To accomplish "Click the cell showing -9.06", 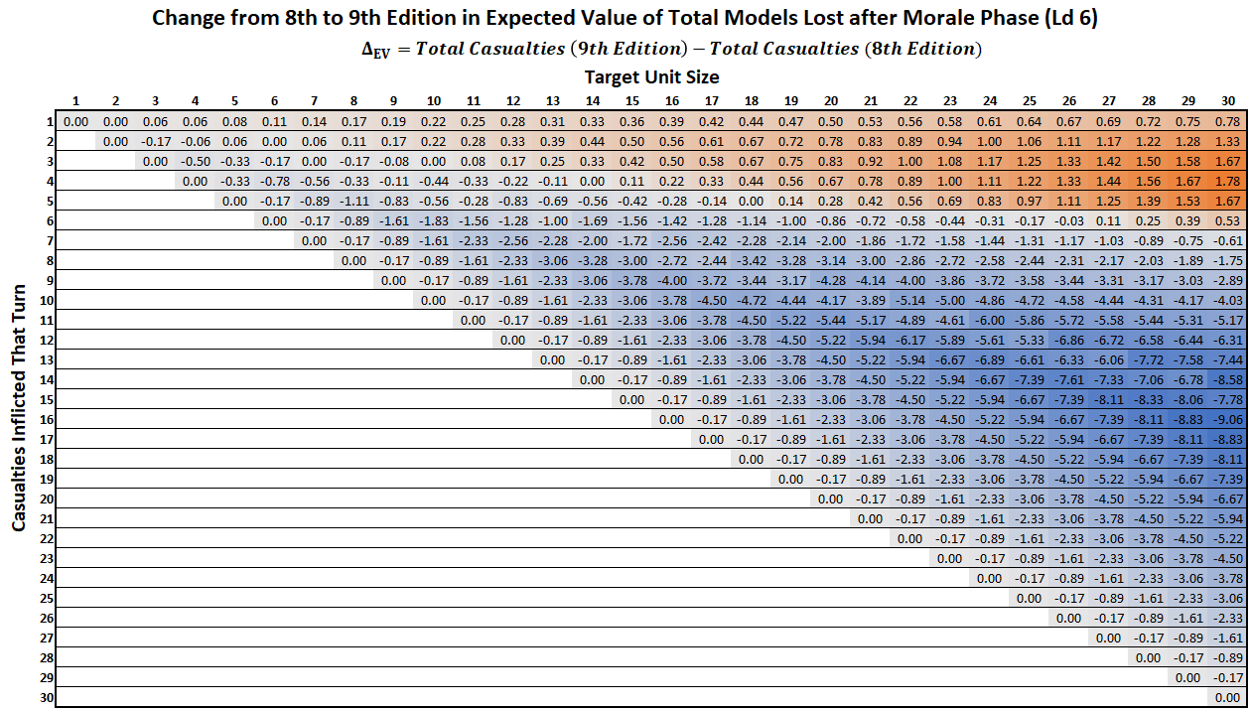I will [x=1227, y=419].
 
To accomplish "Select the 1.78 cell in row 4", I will [x=1227, y=181].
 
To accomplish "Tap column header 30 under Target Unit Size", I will [x=1227, y=100].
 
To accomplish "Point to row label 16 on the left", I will [x=46, y=419].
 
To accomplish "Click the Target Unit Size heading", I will [x=651, y=76].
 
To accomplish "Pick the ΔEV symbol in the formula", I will [x=374, y=50].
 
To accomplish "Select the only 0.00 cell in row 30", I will [x=1227, y=697].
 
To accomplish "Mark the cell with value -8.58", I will [x=1227, y=379].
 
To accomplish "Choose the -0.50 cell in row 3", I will [x=195, y=161].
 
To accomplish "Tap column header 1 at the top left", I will [x=75, y=100].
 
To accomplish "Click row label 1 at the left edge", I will [x=46, y=121].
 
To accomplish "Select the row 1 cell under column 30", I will [x=1227, y=121].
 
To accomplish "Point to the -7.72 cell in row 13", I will [x=1148, y=359].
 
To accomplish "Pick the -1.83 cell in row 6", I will [x=433, y=220].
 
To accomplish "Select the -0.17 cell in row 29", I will [x=1227, y=677].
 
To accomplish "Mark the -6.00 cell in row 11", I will [x=989, y=320].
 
